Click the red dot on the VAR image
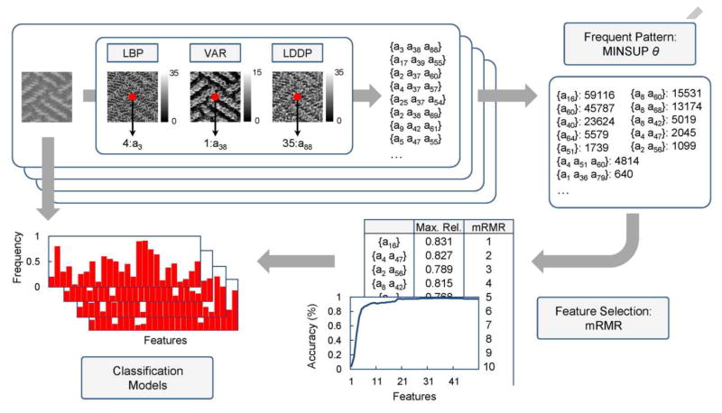[x=214, y=95]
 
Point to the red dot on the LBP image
[x=131, y=95]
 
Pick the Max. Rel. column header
[x=440, y=227]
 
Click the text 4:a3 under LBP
[x=132, y=143]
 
